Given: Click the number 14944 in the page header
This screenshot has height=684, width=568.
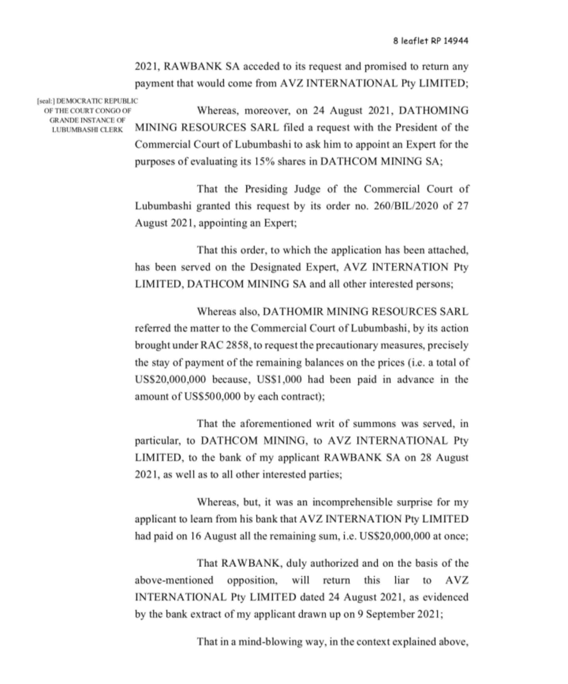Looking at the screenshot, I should pyautogui.click(x=456, y=41).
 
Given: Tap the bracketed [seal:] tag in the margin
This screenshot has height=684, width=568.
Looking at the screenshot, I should pyautogui.click(x=46, y=101).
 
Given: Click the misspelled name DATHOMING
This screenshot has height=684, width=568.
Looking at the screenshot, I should pyautogui.click(x=433, y=110).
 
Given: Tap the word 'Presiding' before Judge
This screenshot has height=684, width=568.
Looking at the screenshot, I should pyautogui.click(x=267, y=189).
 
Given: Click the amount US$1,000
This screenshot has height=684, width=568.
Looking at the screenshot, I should pyautogui.click(x=279, y=380).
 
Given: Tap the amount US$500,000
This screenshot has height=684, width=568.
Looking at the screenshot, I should pyautogui.click(x=212, y=397).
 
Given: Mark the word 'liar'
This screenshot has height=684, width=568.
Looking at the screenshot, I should pyautogui.click(x=401, y=580).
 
